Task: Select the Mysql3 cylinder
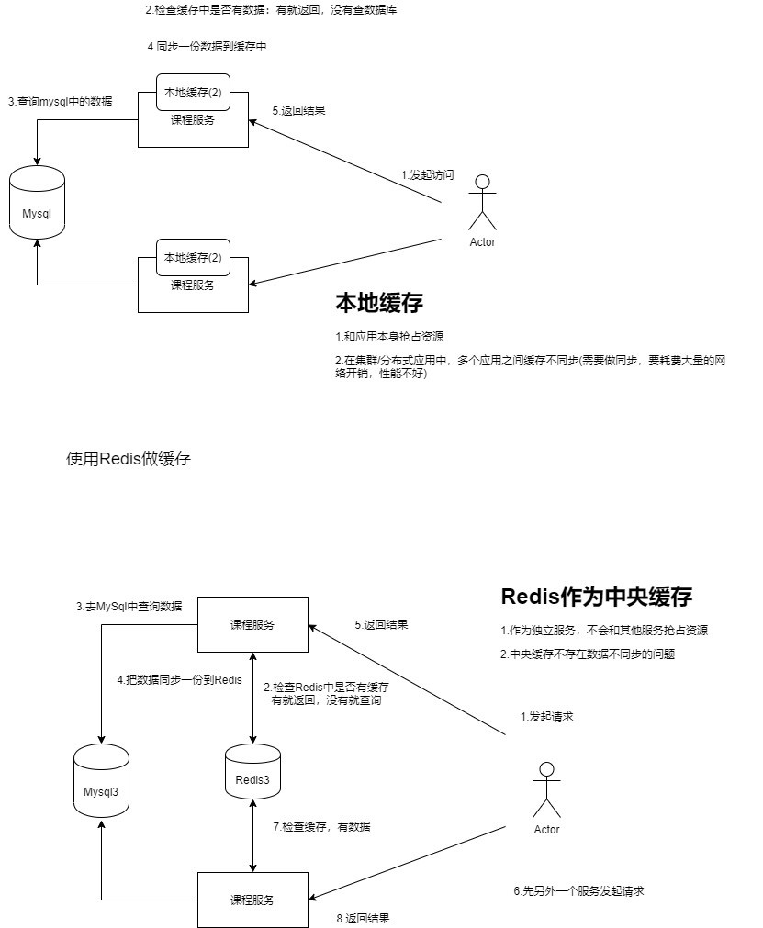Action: (x=101, y=780)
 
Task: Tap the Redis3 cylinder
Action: (x=252, y=772)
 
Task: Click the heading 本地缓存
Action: (x=379, y=304)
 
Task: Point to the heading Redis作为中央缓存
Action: (x=597, y=596)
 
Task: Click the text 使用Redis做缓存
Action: (x=129, y=459)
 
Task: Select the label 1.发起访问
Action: (x=427, y=174)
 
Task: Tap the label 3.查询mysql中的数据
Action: (x=60, y=102)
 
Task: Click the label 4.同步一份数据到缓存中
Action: (x=207, y=46)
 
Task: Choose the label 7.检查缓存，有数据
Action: (x=321, y=826)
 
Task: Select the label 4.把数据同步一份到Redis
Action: (x=179, y=680)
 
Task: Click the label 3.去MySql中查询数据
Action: (x=129, y=607)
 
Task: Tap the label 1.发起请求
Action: (x=546, y=716)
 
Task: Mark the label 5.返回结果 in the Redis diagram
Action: (x=381, y=625)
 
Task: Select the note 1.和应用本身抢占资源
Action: (x=390, y=336)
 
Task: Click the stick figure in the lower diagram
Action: (x=546, y=789)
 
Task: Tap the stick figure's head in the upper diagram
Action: (x=482, y=181)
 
